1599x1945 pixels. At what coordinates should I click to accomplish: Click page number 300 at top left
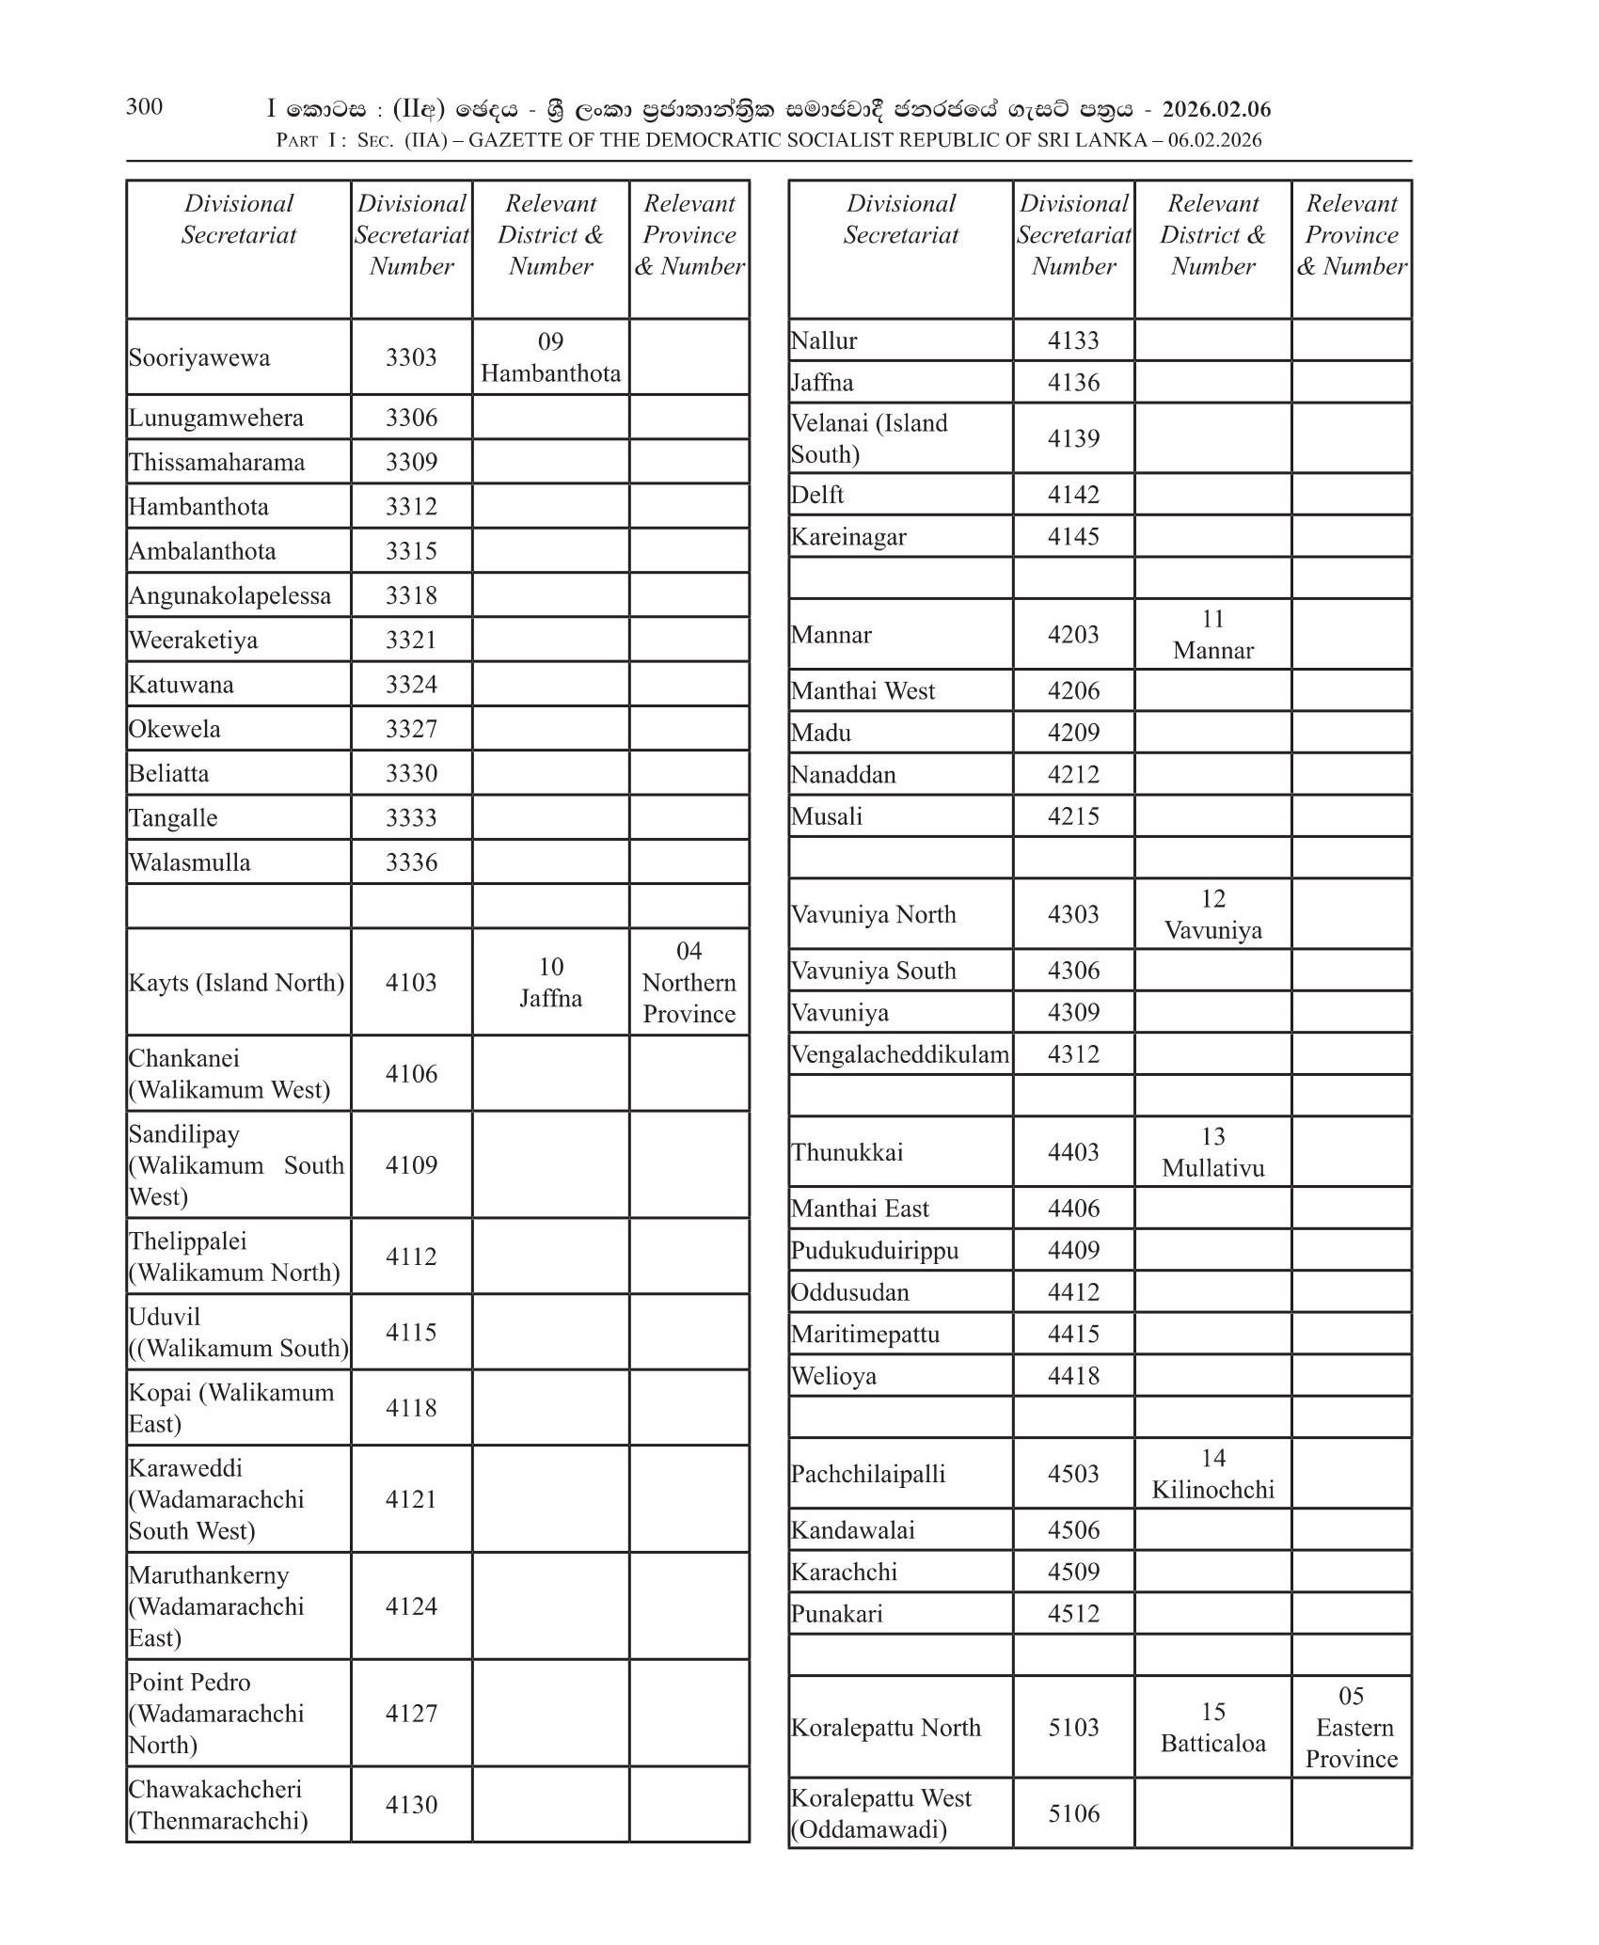[144, 106]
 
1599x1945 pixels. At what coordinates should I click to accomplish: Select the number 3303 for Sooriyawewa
[411, 357]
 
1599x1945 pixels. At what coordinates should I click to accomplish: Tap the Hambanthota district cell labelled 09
[550, 357]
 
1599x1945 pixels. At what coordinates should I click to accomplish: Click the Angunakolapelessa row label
[230, 595]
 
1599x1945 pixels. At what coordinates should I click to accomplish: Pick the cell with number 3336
[411, 862]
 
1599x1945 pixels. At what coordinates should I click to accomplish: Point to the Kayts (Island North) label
[236, 983]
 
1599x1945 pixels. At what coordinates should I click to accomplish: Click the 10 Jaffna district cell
[550, 983]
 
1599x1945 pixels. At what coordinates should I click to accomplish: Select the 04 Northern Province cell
[689, 983]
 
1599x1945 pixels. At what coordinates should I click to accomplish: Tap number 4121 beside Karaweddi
[411, 1499]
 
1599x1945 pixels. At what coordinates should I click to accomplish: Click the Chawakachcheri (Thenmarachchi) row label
[218, 1805]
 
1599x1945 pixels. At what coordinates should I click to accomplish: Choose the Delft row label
[817, 495]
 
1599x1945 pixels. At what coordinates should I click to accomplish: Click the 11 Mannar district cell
[1212, 635]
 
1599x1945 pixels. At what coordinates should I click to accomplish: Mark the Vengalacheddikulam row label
[899, 1054]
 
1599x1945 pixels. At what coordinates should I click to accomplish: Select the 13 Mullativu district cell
[1212, 1152]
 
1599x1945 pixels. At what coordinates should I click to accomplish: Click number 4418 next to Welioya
[1073, 1376]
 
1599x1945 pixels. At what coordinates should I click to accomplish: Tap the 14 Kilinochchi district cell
[1212, 1474]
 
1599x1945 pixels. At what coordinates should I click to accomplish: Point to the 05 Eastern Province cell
[1351, 1728]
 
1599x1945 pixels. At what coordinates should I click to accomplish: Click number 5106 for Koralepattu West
[1073, 1813]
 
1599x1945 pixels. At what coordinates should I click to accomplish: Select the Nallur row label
[824, 340]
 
